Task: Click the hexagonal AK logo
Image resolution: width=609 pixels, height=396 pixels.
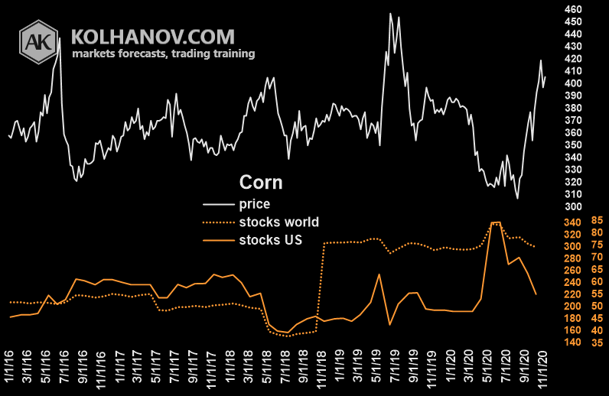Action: [x=38, y=42]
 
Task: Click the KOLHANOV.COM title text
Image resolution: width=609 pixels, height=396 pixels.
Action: [x=153, y=37]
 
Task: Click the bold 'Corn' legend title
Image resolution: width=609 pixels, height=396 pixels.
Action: [x=261, y=182]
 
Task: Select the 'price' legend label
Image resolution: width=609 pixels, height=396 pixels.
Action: [x=255, y=204]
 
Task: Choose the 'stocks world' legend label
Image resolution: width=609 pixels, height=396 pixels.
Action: [x=278, y=222]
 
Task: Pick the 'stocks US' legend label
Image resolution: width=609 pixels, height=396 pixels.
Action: [x=270, y=240]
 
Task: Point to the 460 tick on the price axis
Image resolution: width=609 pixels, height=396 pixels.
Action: [x=573, y=9]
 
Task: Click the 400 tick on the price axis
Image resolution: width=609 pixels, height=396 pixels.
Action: [x=573, y=83]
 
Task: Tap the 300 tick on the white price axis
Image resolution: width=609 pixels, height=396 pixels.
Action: [x=573, y=206]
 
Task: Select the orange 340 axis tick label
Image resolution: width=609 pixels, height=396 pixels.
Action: [x=572, y=222]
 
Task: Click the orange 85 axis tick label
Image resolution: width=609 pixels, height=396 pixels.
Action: [x=597, y=220]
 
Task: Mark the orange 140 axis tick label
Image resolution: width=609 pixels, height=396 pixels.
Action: [x=572, y=342]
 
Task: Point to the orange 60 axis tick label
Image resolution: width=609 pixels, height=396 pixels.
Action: [x=597, y=281]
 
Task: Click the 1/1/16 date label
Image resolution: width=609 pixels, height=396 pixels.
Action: [x=8, y=365]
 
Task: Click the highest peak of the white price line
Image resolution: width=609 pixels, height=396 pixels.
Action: [x=390, y=14]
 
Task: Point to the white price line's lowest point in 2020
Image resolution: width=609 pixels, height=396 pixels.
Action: [x=517, y=199]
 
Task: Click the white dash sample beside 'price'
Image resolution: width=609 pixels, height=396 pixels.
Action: [x=219, y=204]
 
